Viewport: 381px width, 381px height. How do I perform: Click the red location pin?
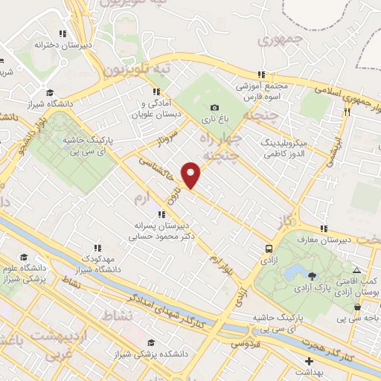192,175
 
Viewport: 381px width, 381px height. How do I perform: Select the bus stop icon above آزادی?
269,249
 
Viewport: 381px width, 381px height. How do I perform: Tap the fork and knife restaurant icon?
347,112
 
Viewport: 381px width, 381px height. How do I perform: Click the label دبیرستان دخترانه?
57,44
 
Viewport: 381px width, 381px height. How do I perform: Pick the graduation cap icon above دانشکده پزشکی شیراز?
152,342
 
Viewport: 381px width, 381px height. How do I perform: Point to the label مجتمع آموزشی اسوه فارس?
261,90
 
